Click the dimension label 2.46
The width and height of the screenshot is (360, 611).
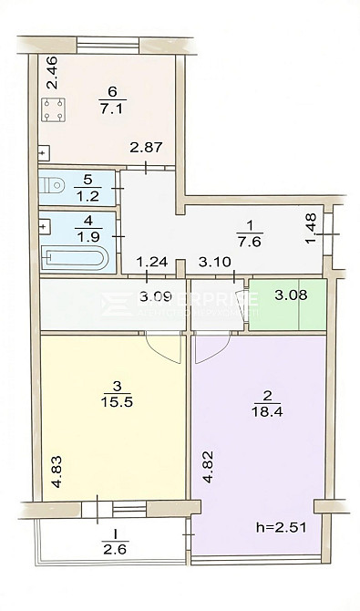[x=52, y=73]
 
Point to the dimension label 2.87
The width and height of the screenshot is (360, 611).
[x=146, y=149]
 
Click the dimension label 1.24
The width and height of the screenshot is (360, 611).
[x=150, y=264]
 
